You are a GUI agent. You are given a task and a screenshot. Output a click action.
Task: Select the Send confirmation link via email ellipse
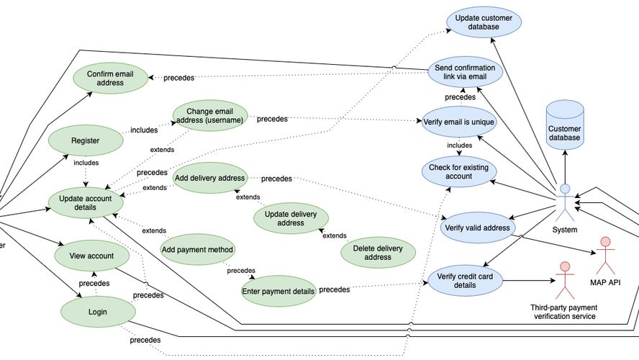pos(465,72)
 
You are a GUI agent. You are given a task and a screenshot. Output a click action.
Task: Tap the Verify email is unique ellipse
pos(459,122)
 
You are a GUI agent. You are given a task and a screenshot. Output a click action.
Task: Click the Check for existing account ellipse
pos(458,171)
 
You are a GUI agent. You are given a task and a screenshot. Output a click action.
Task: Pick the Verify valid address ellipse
pos(478,228)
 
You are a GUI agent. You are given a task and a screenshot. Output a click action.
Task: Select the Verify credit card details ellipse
pos(465,280)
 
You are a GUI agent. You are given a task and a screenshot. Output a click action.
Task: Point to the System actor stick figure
pos(565,202)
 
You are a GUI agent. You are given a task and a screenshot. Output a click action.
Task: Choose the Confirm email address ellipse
pos(110,78)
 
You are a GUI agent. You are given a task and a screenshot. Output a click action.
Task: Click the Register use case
pos(85,140)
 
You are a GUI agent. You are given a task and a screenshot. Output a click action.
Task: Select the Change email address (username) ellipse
pos(209,115)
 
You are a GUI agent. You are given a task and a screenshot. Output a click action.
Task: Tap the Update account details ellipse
pos(85,202)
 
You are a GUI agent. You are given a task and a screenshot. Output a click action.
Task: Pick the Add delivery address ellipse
pos(209,177)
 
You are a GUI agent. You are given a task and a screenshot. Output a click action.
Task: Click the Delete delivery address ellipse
pos(378,252)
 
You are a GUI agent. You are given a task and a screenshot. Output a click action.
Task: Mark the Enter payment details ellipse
pos(278,291)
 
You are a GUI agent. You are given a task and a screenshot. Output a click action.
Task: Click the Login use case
pos(99,312)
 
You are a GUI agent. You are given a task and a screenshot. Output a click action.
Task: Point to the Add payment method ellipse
pos(197,249)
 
